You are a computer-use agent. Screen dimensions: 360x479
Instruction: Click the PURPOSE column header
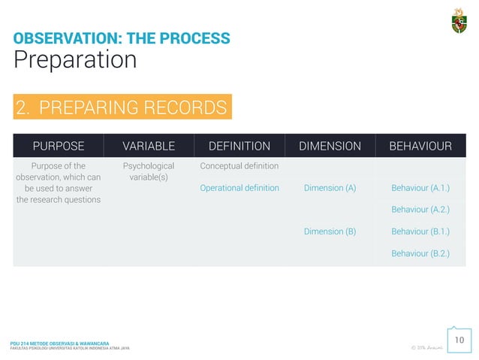point(58,146)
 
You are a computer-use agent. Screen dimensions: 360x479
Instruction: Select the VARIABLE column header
point(149,146)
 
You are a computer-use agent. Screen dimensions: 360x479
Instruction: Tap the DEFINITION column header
point(239,146)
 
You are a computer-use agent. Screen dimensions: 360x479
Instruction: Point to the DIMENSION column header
point(330,146)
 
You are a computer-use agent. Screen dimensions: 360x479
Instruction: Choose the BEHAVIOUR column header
point(420,146)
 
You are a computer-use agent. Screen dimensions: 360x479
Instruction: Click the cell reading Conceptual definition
point(239,166)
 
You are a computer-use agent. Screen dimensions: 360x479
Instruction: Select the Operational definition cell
point(239,188)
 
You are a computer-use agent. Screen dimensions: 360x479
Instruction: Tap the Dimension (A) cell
point(330,188)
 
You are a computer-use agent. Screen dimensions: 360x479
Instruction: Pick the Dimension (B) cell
point(330,231)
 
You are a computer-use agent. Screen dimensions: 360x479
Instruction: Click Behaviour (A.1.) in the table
point(420,188)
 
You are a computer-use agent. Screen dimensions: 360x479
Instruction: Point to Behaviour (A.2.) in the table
point(420,210)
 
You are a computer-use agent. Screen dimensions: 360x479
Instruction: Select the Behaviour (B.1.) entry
point(420,231)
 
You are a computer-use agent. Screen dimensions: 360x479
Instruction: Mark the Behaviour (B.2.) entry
point(420,253)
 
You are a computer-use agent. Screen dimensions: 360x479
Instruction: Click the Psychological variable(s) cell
point(149,171)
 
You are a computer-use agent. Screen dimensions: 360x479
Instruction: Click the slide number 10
point(459,341)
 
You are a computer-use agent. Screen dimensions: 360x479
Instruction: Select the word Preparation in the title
point(75,60)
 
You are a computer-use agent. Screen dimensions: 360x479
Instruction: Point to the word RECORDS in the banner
point(185,108)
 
